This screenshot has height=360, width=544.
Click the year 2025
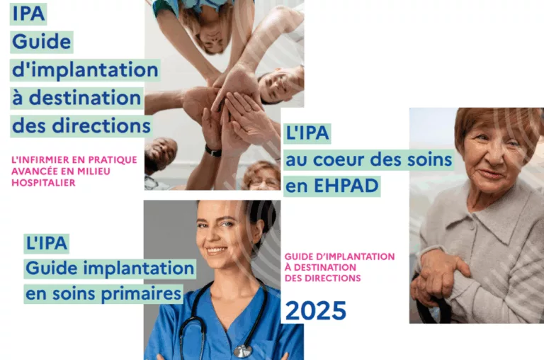315,310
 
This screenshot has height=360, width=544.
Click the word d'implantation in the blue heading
84,69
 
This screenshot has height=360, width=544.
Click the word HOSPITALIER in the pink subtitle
43,182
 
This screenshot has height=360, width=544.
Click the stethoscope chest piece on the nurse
243,351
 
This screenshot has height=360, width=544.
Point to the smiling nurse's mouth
217,250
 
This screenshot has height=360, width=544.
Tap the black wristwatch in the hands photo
212,150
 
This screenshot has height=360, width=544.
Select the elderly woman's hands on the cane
438,273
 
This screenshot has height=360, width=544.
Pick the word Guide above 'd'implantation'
42,42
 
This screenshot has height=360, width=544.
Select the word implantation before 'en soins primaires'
142,269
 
